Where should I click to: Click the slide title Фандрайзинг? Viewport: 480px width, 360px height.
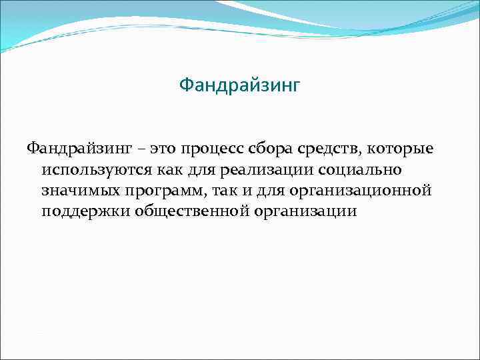(240, 86)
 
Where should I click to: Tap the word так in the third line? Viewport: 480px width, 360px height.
(228, 191)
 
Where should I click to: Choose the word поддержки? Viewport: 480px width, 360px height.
(85, 212)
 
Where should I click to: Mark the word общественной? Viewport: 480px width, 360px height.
(191, 212)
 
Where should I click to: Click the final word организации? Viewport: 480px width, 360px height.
(306, 213)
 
